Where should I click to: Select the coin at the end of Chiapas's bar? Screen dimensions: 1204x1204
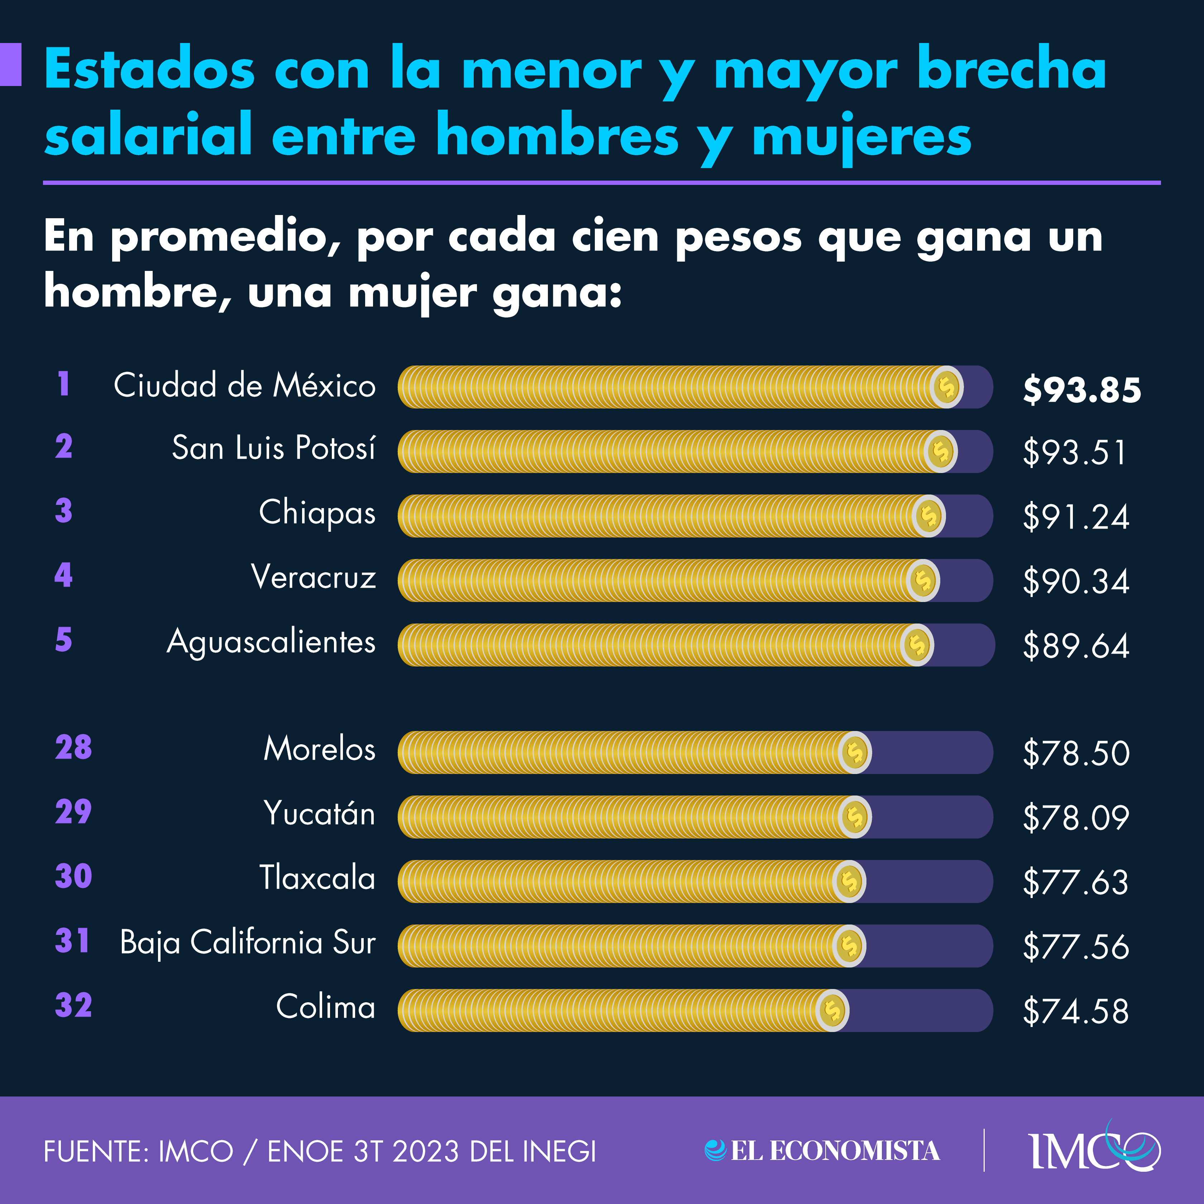(x=928, y=516)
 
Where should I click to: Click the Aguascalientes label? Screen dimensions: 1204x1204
(x=271, y=642)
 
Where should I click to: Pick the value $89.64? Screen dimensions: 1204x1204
(x=1076, y=646)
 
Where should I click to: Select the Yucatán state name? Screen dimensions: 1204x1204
(x=319, y=813)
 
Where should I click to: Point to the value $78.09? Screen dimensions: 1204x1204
(x=1076, y=818)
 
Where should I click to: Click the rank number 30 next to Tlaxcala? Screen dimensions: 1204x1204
(x=73, y=876)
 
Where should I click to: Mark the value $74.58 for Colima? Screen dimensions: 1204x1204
(x=1076, y=1011)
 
